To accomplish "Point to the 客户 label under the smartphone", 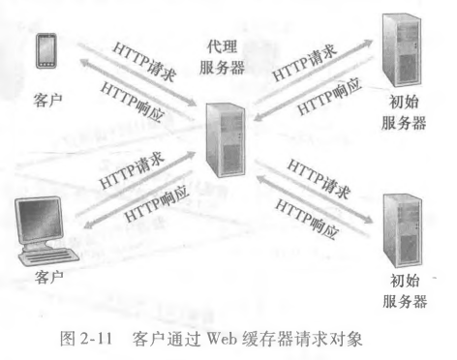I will (x=46, y=98).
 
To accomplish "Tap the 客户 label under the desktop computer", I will (x=46, y=277).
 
